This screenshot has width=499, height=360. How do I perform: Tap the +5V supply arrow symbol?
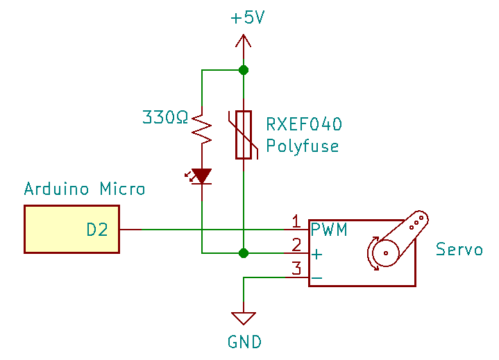coord(244,45)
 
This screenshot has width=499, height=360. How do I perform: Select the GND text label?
coord(244,342)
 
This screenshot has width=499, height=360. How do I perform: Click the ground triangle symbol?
coord(244,318)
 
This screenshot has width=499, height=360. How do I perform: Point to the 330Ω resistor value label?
coord(164,117)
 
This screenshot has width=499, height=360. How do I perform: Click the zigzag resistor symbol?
coord(201,129)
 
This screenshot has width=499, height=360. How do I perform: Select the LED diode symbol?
coord(201,176)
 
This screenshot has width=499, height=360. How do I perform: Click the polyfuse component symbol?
coord(244,135)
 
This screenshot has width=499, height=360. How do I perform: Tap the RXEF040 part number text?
coord(304,125)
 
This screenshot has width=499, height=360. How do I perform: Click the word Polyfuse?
coord(303,146)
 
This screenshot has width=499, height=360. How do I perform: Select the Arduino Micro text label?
coord(85,189)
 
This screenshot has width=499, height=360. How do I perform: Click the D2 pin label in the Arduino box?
coord(97,230)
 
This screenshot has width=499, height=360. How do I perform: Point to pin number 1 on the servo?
coord(296,222)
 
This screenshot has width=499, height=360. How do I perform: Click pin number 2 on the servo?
coord(296,245)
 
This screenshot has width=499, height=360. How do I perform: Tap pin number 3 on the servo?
coord(296,268)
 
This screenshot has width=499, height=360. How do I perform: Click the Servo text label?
coord(459,250)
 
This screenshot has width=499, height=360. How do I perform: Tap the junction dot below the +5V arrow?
coord(244,70)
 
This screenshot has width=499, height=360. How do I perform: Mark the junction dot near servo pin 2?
coord(244,253)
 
